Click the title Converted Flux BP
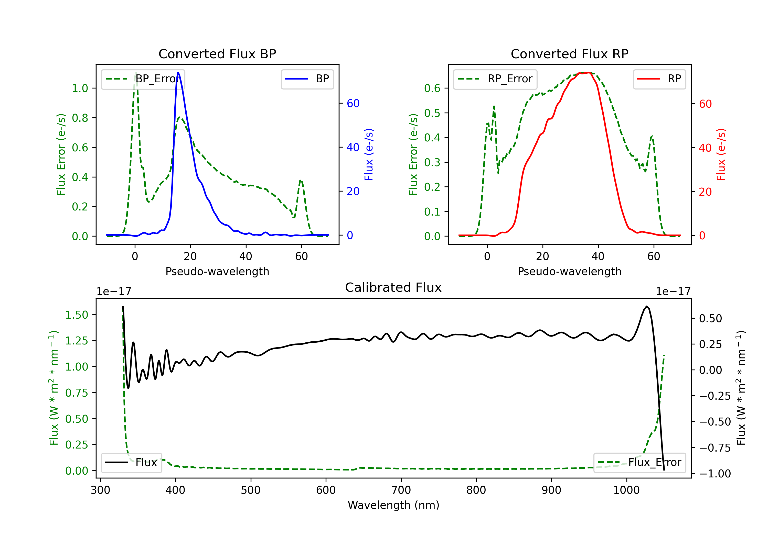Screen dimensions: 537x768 [217, 54]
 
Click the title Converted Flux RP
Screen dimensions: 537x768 [569, 54]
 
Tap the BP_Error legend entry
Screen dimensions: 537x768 [143, 79]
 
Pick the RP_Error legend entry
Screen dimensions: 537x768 [495, 79]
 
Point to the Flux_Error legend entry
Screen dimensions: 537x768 [639, 463]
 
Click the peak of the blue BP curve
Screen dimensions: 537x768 [178, 73]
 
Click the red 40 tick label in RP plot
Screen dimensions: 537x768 [705, 148]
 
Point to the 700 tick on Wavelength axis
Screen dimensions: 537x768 [401, 490]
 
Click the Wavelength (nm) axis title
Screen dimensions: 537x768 [393, 505]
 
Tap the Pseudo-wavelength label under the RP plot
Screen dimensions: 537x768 [569, 271]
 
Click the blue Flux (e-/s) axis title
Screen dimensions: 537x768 [369, 155]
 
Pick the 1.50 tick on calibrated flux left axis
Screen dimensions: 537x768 [77, 315]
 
